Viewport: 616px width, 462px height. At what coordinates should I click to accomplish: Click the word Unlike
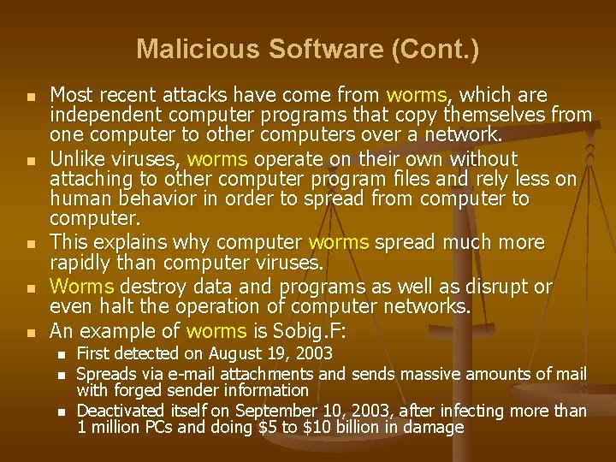78,158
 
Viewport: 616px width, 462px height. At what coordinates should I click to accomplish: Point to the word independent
105,115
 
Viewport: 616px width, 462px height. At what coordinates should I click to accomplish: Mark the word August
230,353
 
